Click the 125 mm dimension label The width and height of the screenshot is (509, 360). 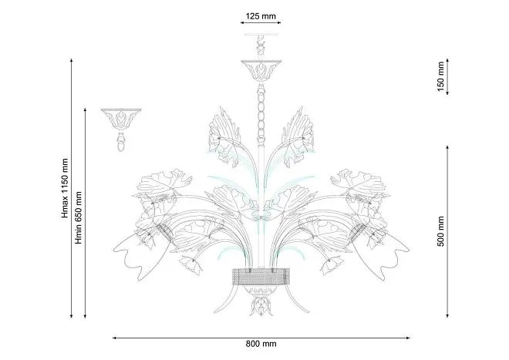pos(261,16)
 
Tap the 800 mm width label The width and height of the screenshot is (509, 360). pos(261,344)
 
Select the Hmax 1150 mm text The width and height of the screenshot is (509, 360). pos(65,188)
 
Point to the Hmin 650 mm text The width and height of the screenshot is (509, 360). pos(79,218)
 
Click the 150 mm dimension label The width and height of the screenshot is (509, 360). pos(440,76)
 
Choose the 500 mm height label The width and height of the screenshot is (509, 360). pos(440,231)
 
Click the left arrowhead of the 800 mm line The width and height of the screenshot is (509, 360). pos(115,338)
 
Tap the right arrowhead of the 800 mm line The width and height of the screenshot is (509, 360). pos(407,338)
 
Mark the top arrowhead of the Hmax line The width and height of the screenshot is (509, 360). pos(72,61)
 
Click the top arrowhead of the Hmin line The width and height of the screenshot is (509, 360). pos(85,111)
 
